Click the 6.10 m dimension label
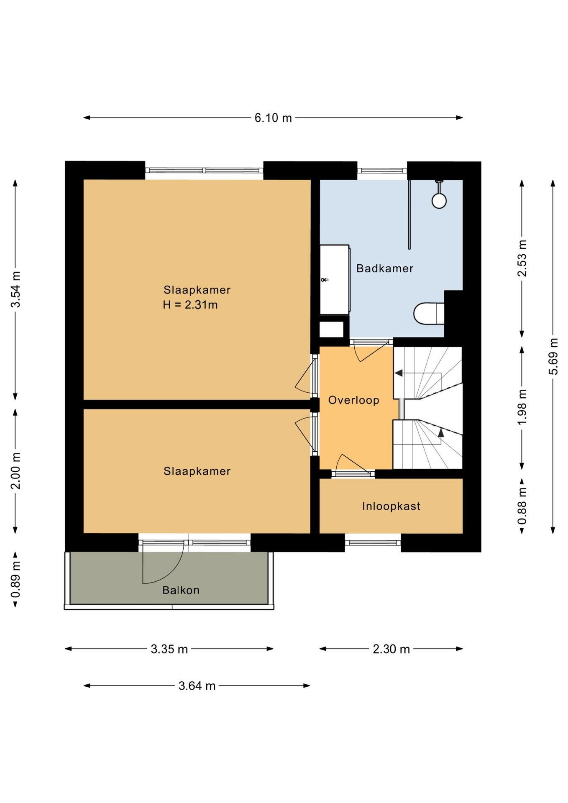(273, 118)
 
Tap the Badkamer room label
(385, 269)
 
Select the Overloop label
(353, 400)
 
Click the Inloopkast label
(391, 506)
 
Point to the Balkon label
(181, 590)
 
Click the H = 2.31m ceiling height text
(190, 305)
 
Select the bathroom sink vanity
(335, 280)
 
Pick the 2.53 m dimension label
(522, 258)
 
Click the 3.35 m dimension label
(169, 649)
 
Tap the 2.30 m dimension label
(391, 649)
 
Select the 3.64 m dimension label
(197, 686)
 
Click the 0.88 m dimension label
(522, 506)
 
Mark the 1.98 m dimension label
(522, 407)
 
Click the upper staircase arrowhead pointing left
(399, 373)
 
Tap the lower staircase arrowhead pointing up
(441, 432)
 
